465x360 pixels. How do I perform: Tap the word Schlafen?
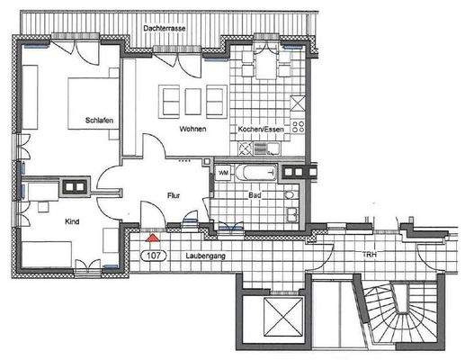coord(98,120)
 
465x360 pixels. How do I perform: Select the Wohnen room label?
coord(192,130)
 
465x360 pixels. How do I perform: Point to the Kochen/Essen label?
coord(261,130)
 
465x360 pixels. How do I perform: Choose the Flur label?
coord(174,194)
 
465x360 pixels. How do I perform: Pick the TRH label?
coord(369,256)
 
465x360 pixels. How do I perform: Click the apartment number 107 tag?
coord(154,256)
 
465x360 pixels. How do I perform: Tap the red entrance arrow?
coord(154,238)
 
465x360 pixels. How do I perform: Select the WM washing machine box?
coord(223,171)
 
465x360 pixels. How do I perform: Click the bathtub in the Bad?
coord(257,171)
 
